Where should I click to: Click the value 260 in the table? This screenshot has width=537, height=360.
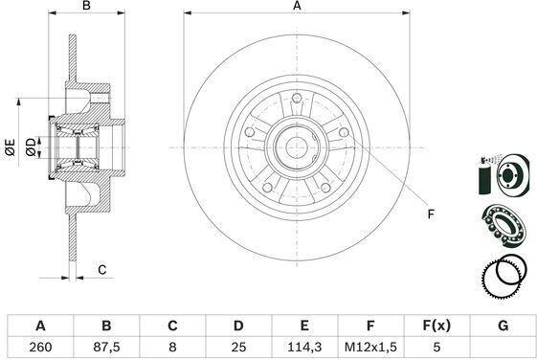coord(40,347)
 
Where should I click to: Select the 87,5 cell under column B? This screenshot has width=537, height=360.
coord(106,347)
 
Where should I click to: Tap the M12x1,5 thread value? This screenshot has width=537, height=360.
coord(370,347)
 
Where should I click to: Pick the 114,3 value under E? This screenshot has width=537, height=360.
coord(304,347)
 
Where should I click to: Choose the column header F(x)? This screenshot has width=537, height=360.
coord(436,326)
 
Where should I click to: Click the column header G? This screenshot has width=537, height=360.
coord(503,326)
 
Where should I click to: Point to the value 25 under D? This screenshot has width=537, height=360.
coord(238,347)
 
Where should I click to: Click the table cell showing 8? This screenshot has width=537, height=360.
coord(172,347)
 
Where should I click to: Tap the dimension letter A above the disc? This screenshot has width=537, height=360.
coord(297,6)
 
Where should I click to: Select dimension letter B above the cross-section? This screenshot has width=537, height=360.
coord(87,6)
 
